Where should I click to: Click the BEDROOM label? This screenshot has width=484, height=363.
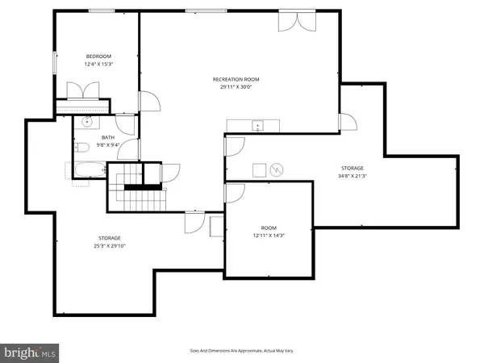click(98, 56)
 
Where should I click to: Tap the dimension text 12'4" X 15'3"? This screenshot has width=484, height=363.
click(98, 64)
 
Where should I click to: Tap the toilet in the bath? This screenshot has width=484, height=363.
click(82, 148)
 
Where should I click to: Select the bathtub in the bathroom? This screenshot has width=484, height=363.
click(87, 169)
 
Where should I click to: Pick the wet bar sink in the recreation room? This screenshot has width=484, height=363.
click(257, 125)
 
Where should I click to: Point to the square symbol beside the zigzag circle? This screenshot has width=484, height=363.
click(259, 169)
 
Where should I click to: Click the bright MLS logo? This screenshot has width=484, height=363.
click(31, 352)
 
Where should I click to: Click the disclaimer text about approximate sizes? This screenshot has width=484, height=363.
click(241, 351)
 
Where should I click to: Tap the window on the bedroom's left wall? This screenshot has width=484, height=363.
click(56, 62)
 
